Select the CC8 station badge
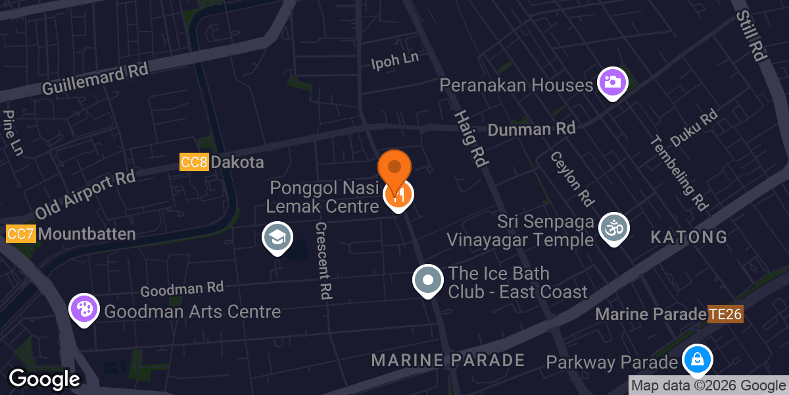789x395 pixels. coord(194,162)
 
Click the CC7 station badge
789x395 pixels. coord(20,234)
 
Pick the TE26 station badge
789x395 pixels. coord(725,314)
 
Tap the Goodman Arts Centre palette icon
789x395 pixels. coord(84,309)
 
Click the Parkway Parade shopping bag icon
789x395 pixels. coord(697,359)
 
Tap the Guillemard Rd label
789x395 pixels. coord(95,80)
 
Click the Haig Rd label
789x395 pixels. coord(469,138)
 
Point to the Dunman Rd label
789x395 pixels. coord(531,128)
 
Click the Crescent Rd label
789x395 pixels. coord(322,260)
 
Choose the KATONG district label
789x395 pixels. coord(689,237)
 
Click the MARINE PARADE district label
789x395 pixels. coord(448,360)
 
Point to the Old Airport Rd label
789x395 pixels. coord(85,195)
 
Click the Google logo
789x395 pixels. coord(44,379)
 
